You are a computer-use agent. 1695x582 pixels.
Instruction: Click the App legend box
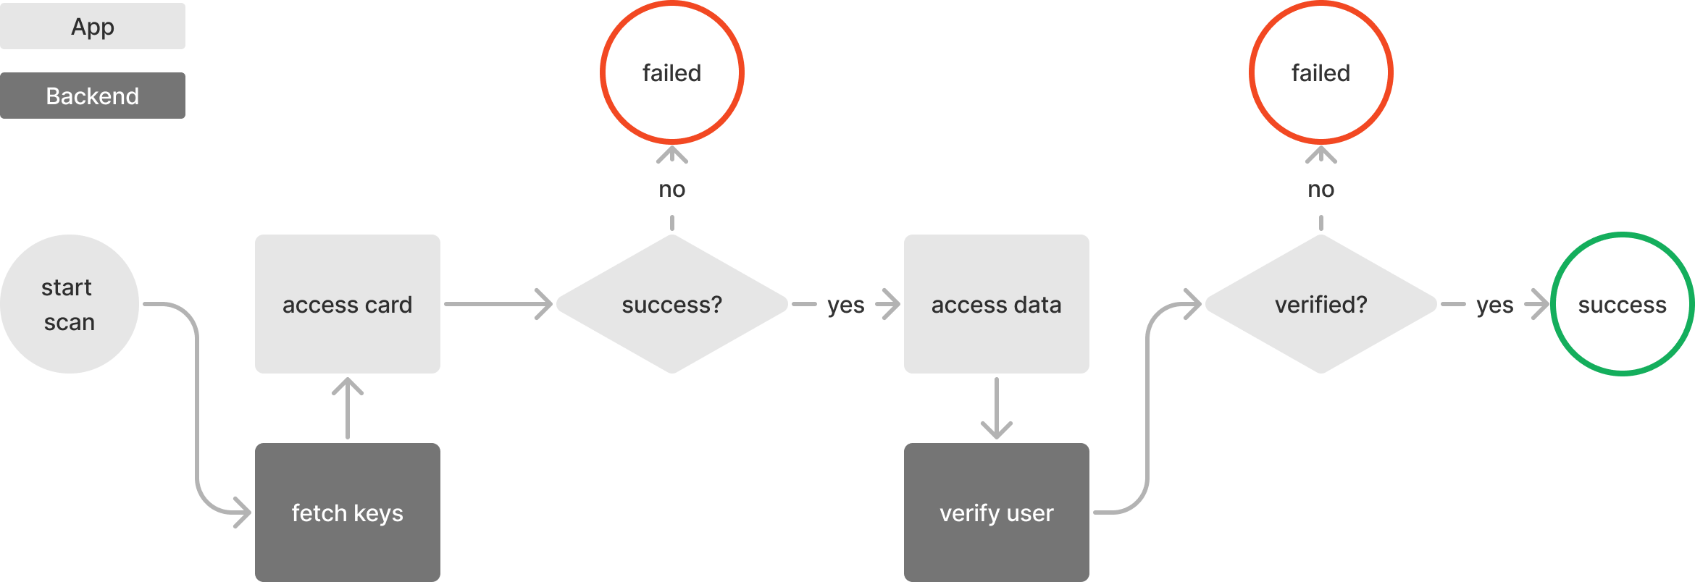click(x=93, y=26)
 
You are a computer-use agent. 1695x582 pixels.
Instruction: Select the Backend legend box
click(x=93, y=96)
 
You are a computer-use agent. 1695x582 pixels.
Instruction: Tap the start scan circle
click(x=69, y=304)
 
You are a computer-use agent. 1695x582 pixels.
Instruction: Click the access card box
click(x=347, y=304)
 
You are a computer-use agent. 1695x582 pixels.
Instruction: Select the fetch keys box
click(x=347, y=513)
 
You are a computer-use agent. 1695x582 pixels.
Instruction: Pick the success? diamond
click(x=671, y=304)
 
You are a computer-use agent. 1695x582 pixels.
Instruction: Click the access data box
click(x=996, y=304)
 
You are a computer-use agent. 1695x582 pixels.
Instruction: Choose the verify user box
click(x=996, y=513)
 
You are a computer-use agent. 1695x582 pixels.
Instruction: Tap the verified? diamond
click(x=1321, y=304)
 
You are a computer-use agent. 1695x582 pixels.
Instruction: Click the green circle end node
click(x=1622, y=304)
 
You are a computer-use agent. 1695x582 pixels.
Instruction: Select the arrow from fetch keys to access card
click(x=348, y=409)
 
